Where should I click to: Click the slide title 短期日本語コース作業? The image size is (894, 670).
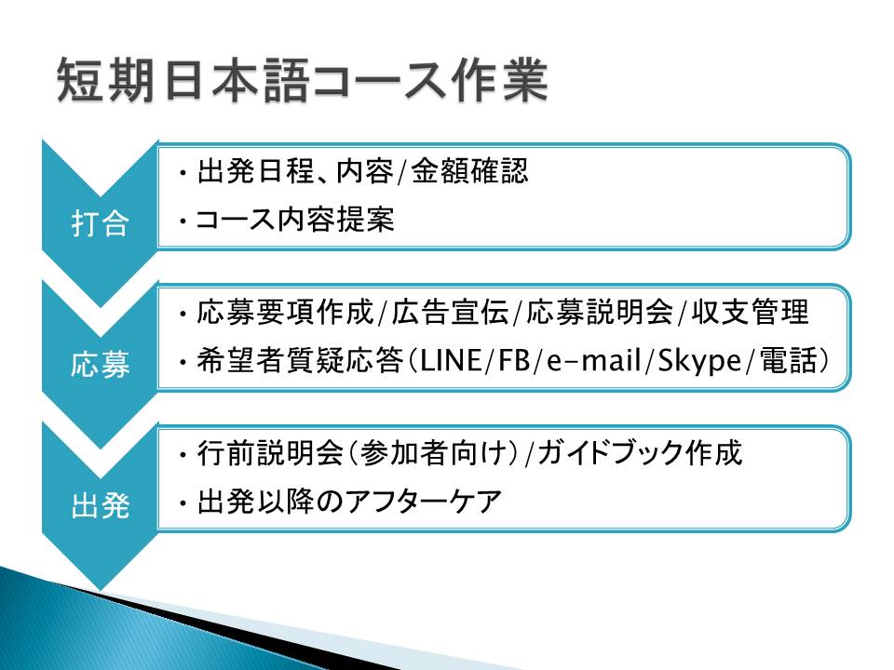click(x=303, y=80)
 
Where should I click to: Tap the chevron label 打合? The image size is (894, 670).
click(x=100, y=222)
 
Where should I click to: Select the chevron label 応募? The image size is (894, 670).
click(x=100, y=364)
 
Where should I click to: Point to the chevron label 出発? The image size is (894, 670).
click(x=100, y=505)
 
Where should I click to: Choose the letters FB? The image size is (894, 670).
click(x=514, y=361)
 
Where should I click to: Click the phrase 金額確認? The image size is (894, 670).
click(x=469, y=170)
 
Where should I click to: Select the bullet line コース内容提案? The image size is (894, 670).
click(x=294, y=220)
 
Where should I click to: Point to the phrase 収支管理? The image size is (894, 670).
click(x=750, y=312)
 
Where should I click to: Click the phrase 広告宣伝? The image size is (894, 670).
click(x=450, y=312)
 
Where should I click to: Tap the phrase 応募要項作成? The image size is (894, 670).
click(x=285, y=312)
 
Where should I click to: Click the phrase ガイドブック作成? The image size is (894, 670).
click(x=640, y=453)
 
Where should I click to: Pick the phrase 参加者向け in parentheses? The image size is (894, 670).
click(x=434, y=453)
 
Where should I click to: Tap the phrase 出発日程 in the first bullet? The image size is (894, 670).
click(x=255, y=170)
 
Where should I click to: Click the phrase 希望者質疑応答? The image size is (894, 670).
click(x=300, y=361)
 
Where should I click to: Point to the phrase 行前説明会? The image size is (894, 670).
click(x=270, y=453)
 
